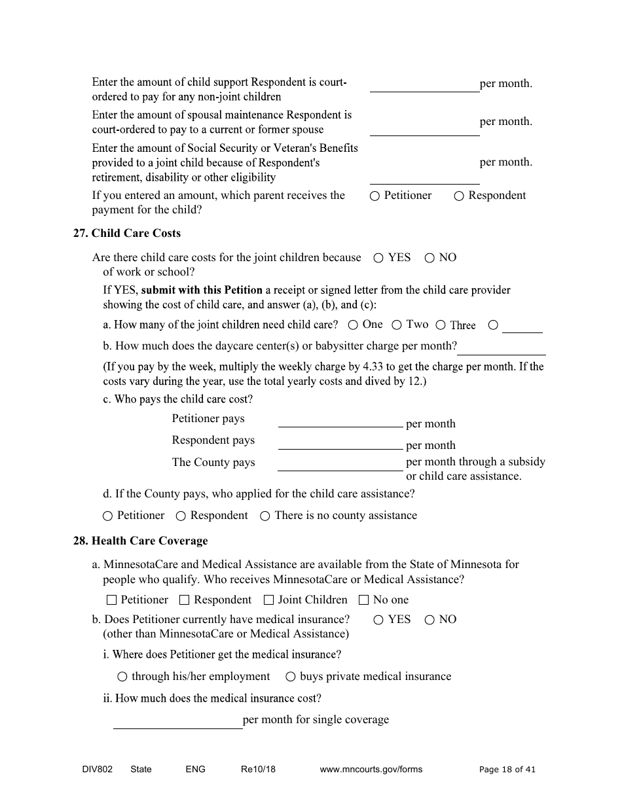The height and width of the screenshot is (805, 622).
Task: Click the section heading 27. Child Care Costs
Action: pyautogui.click(x=126, y=234)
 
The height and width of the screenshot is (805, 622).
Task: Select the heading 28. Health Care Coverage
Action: pyautogui.click(x=140, y=541)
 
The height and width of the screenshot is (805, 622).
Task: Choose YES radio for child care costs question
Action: pyautogui.click(x=378, y=259)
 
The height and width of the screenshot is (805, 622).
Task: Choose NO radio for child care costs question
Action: pyautogui.click(x=430, y=259)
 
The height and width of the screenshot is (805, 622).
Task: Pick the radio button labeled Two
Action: pyautogui.click(x=397, y=325)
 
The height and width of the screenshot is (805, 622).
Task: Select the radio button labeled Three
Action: pyautogui.click(x=441, y=325)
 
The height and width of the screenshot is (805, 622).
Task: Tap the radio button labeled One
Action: pyautogui.click(x=353, y=325)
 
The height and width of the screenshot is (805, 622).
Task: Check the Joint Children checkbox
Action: pyautogui.click(x=268, y=600)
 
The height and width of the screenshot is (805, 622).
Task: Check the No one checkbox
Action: pyautogui.click(x=364, y=600)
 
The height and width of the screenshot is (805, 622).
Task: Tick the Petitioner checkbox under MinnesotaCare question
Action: pyautogui.click(x=111, y=600)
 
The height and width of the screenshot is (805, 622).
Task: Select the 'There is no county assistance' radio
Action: pyautogui.click(x=265, y=516)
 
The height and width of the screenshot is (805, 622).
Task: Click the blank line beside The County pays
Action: pyautogui.click(x=340, y=464)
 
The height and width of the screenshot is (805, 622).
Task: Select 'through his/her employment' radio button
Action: pyautogui.click(x=122, y=677)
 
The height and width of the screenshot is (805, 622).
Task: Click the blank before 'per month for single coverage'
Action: pyautogui.click(x=177, y=721)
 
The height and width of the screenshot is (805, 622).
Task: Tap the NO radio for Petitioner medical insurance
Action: pyautogui.click(x=430, y=620)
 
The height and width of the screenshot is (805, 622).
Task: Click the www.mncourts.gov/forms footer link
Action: pyautogui.click(x=371, y=770)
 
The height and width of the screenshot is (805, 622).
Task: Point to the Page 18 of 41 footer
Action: pyautogui.click(x=507, y=770)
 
